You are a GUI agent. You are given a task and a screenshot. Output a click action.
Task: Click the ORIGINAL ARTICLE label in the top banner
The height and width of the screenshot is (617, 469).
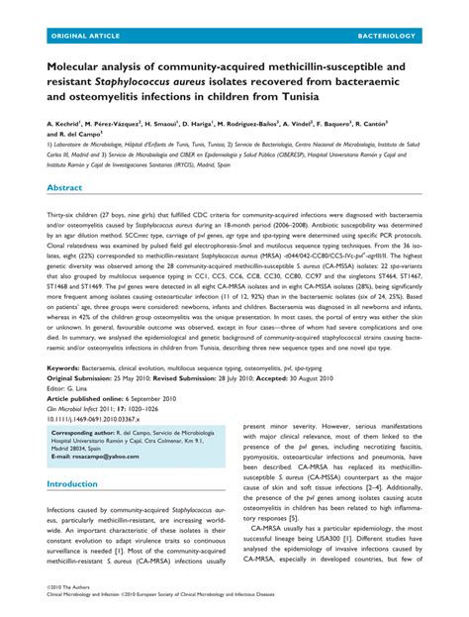[80, 35]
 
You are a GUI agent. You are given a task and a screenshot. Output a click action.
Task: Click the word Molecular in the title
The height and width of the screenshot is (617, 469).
[80, 64]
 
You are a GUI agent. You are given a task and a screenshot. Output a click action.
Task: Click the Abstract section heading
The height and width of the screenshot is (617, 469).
[64, 186]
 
